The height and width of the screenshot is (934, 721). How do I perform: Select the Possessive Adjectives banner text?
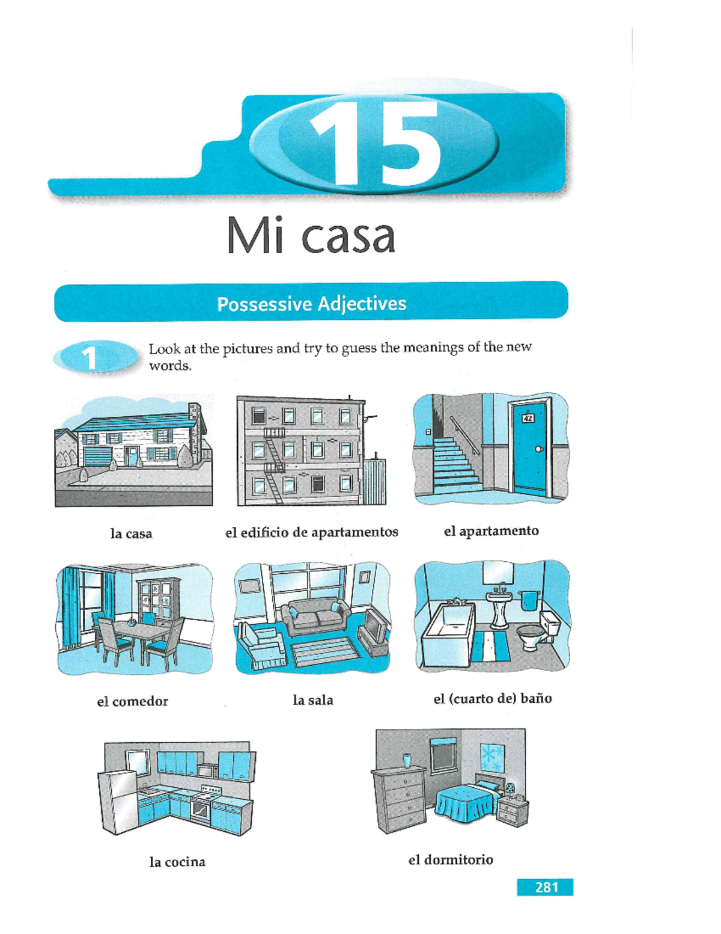pos(311,303)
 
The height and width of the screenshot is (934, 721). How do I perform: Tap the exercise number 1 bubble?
pos(91,358)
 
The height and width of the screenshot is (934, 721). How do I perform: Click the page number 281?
pos(546,887)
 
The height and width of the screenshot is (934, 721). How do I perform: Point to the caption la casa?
pos(131,533)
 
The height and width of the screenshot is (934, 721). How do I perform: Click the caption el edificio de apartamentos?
pos(311,532)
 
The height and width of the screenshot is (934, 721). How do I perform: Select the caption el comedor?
pos(132,701)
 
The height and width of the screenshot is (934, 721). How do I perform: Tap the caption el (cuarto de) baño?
pos(492,699)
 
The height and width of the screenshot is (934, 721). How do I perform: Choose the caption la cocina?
pos(177,862)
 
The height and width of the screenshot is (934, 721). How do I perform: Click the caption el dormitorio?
pos(451,860)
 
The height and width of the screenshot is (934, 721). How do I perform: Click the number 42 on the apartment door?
pos(528,419)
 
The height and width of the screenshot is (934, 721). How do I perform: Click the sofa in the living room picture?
pos(317,616)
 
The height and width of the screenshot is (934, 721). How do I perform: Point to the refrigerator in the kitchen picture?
pos(118,802)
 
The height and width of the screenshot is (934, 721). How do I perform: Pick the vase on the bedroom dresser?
pos(406,760)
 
